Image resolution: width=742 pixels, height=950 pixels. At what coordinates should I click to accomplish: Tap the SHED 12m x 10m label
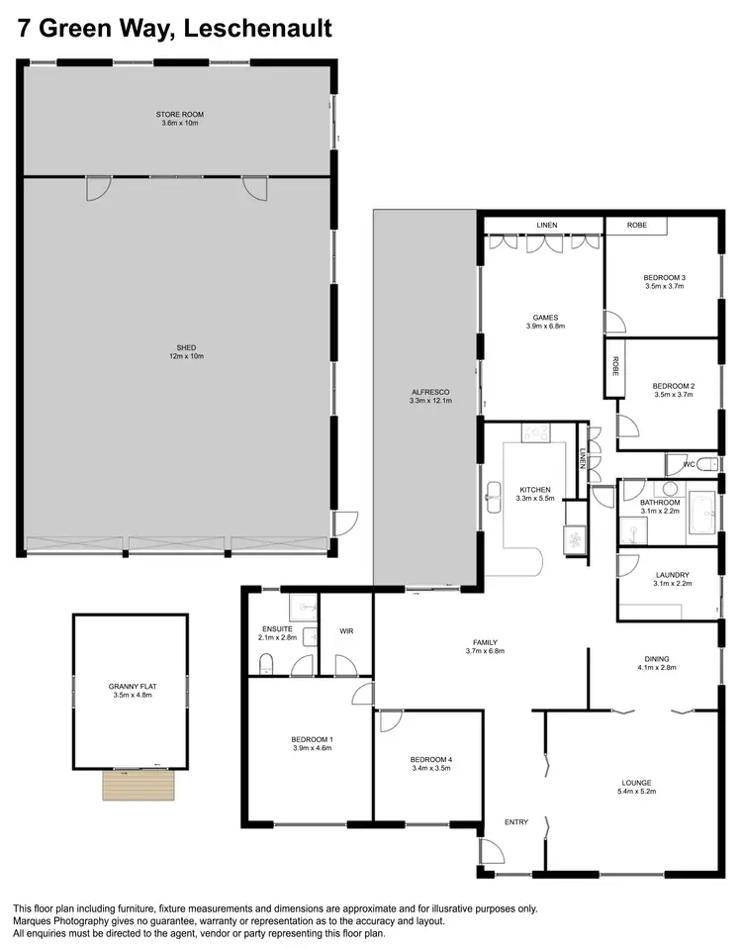186,350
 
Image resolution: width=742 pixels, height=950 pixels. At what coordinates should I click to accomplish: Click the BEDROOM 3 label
664,281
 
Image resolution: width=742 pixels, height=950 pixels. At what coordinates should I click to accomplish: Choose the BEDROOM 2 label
673,389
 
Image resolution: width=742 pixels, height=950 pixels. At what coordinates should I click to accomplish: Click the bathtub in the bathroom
701,513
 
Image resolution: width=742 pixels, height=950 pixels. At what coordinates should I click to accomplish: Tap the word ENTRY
516,822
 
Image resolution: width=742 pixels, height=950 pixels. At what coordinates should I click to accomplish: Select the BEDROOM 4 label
430,763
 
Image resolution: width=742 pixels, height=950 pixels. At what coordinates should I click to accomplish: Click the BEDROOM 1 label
312,743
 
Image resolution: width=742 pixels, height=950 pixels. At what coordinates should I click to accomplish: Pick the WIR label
346,629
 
